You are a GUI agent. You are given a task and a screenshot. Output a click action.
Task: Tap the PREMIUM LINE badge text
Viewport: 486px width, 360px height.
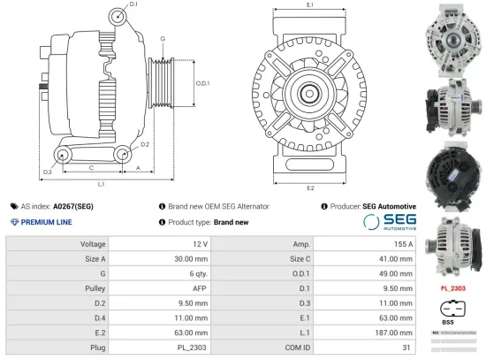(x=45, y=222)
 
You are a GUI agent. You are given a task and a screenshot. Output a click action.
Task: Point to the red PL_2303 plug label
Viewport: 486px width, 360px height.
(x=452, y=288)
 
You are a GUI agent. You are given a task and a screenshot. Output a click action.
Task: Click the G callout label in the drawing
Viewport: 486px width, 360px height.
(x=163, y=39)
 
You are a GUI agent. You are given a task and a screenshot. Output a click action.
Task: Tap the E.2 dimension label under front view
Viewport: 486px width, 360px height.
(x=310, y=188)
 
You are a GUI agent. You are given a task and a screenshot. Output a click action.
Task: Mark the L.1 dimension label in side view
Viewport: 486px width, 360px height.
(x=102, y=184)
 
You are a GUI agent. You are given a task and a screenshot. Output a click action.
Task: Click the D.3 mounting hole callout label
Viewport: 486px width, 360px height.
(x=47, y=172)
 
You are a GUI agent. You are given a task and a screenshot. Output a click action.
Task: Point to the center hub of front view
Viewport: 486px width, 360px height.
(x=310, y=95)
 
